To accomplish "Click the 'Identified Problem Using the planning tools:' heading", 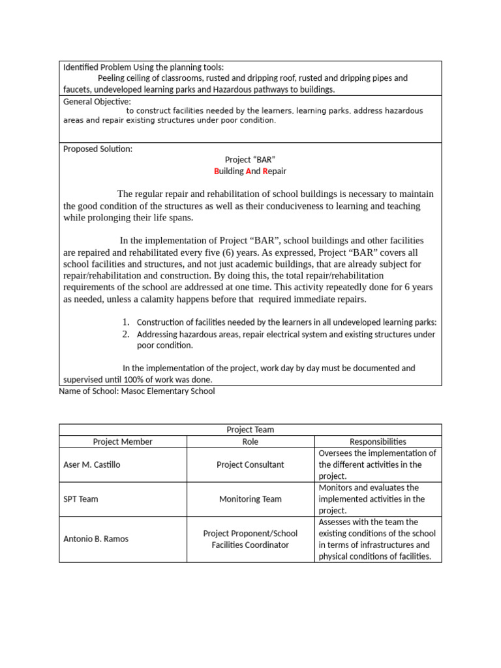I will coord(143,67).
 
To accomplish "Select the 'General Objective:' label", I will coord(97,101).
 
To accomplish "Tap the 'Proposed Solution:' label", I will coord(97,149).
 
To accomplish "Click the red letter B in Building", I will coord(217,172).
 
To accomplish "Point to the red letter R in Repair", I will coord(265,172).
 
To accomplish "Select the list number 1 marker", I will coord(127,322).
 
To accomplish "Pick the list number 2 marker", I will coord(127,334).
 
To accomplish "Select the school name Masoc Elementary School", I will coord(168,391).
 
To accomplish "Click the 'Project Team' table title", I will coord(250,429).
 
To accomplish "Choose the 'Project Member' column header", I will coord(123,442).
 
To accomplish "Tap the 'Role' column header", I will coord(250,442).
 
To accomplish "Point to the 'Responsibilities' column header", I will coord(378,442).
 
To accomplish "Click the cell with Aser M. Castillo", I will coord(93,465).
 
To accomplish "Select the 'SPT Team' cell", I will coord(81,499).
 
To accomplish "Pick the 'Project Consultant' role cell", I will coord(250,465).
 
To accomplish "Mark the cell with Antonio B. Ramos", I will coord(96,539).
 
